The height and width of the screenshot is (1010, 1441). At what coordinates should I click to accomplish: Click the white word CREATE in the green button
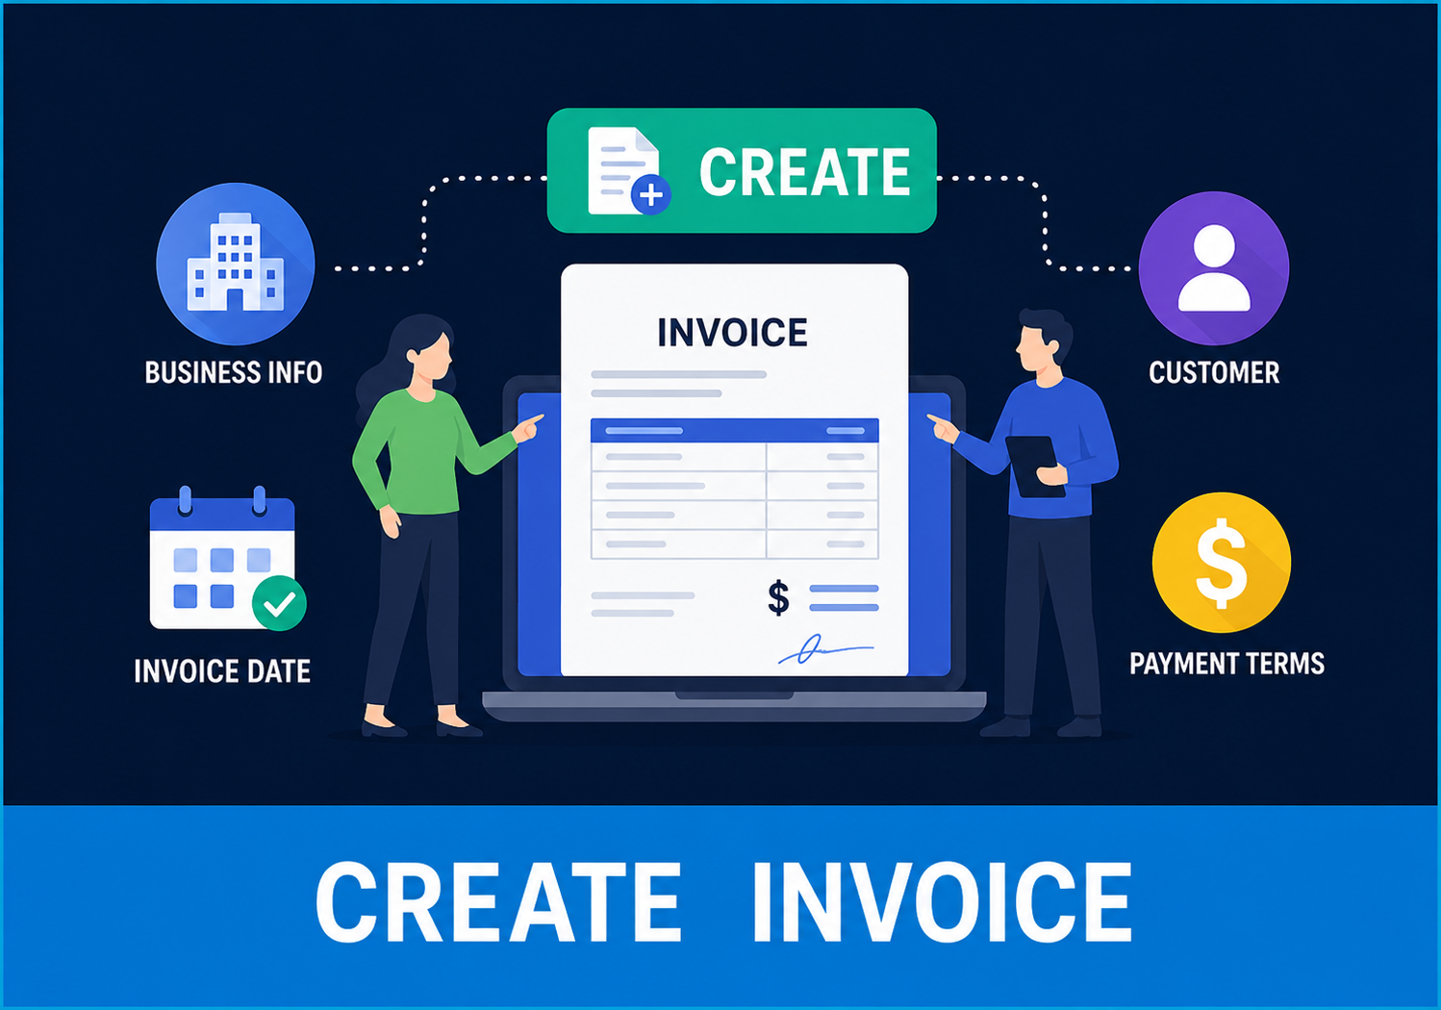[805, 171]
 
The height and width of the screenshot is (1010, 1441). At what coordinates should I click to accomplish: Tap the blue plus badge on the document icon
[651, 193]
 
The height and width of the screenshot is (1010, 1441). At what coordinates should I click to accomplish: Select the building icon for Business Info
[236, 263]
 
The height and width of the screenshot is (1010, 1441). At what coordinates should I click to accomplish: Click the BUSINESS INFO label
[234, 372]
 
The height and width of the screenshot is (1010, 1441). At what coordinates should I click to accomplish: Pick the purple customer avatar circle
[1214, 268]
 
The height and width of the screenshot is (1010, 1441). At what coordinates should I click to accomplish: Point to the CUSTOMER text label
[1214, 372]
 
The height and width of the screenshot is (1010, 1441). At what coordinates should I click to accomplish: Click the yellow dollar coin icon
[1221, 563]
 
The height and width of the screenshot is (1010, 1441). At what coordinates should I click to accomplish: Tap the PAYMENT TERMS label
[1226, 664]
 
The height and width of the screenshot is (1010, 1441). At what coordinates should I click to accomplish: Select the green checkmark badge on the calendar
[279, 603]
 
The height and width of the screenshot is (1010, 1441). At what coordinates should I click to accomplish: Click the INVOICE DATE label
[222, 671]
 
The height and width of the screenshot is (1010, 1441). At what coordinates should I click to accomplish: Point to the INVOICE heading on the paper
[732, 333]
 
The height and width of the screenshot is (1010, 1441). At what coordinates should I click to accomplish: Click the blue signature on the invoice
[825, 649]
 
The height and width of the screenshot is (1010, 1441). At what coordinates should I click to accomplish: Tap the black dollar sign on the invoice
[778, 597]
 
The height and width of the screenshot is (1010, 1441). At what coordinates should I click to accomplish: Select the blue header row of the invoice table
[735, 430]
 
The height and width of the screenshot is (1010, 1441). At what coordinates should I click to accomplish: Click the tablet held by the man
[1034, 467]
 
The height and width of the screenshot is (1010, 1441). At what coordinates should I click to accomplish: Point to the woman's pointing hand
[528, 428]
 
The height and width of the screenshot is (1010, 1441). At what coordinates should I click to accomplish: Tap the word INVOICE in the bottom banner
[943, 902]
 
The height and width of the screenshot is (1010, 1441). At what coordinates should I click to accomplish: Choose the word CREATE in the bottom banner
[498, 902]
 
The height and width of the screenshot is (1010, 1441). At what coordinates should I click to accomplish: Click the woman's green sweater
[424, 450]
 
